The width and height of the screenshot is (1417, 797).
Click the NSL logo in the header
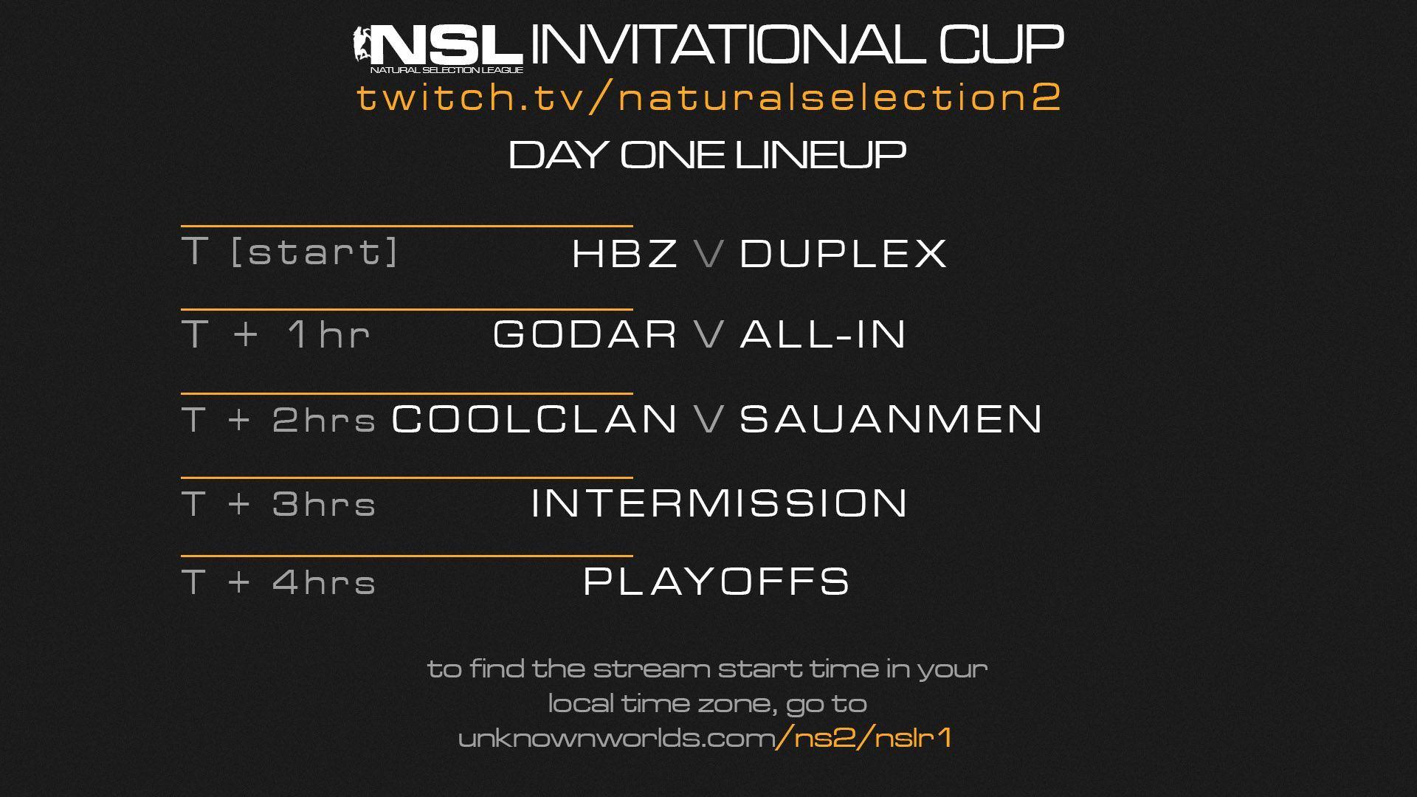(438, 49)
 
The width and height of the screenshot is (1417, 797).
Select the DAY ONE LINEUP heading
(707, 155)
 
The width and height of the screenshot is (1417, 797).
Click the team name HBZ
(625, 253)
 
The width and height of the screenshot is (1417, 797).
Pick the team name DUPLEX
(843, 253)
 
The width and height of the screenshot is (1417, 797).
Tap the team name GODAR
(585, 334)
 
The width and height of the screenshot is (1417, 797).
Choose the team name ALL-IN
(823, 334)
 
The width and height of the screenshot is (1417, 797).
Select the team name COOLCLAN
(534, 418)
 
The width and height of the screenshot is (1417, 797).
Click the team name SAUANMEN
(891, 418)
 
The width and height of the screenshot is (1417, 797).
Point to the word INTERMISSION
(719, 503)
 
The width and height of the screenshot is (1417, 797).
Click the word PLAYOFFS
(717, 581)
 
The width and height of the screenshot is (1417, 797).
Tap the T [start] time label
(290, 252)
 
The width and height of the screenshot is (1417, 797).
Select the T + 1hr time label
(276, 334)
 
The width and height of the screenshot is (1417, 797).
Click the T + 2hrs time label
(279, 420)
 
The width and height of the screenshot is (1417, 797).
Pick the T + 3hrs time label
(279, 504)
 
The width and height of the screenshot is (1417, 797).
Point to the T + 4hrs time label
(279, 582)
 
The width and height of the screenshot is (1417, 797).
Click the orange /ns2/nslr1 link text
(863, 737)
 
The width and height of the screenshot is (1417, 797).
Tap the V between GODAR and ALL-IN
(709, 334)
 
